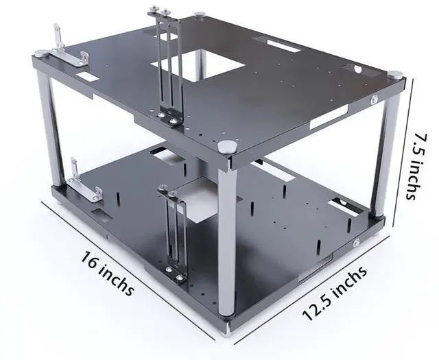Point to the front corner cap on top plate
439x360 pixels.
(227, 146)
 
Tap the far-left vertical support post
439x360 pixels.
(51, 123)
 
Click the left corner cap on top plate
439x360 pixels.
(42, 53)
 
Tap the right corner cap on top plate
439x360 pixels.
(395, 74)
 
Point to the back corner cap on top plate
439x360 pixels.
(200, 14)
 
